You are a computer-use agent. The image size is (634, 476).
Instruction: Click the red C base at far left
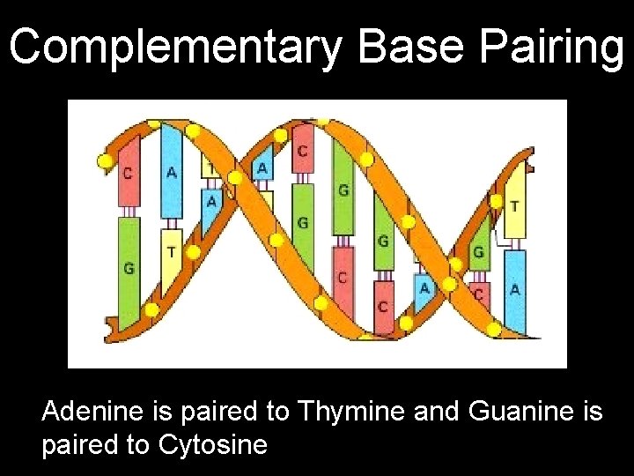click(129, 174)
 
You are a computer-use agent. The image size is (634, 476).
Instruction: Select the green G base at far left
click(129, 267)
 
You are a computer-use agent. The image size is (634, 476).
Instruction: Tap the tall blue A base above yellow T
click(172, 172)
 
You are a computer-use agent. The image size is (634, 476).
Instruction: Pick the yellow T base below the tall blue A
click(171, 253)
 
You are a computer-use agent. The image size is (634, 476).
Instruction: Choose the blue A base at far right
click(514, 290)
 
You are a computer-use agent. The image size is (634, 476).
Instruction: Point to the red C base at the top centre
click(302, 152)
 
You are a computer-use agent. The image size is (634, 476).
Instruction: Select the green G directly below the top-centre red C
click(302, 223)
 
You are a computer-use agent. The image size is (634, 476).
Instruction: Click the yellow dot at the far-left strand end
click(105, 161)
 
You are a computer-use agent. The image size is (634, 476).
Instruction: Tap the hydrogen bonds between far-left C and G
click(129, 212)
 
